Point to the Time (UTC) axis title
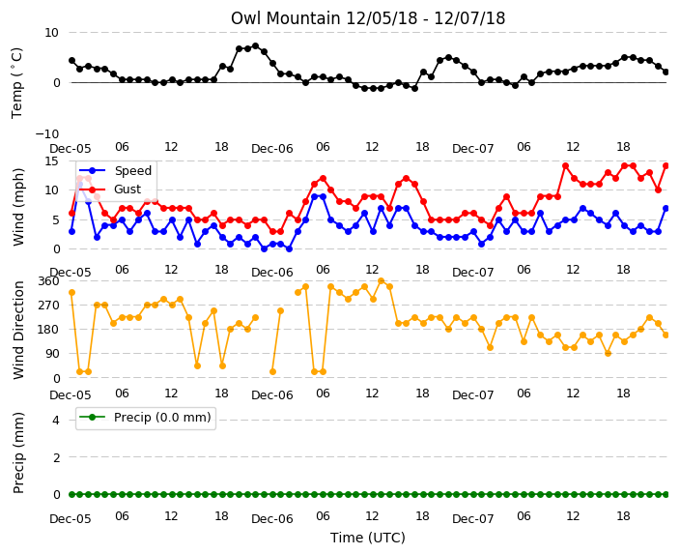[368, 538]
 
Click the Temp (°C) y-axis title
[17, 83]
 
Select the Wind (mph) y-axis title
[17, 207]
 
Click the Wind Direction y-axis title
[17, 330]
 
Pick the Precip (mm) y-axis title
[17, 452]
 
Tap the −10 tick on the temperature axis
[47, 133]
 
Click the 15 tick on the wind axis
[51, 161]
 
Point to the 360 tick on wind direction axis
[48, 281]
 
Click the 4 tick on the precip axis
[56, 420]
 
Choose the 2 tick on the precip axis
[56, 457]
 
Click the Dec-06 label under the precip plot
[272, 519]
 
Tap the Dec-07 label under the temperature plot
[472, 149]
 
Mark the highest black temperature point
[255, 46]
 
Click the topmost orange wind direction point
[382, 281]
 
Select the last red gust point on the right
[666, 166]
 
